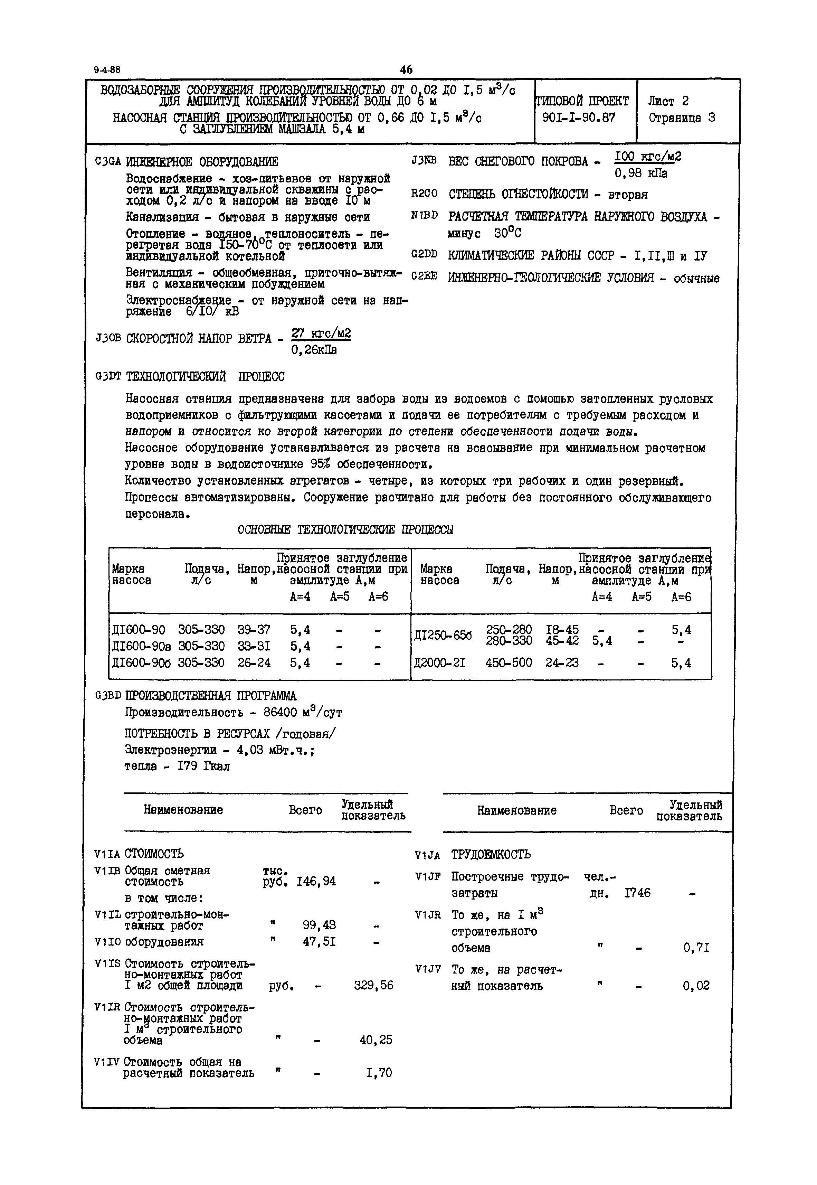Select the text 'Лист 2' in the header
668,101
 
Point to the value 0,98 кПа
641,173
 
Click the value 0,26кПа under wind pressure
314,350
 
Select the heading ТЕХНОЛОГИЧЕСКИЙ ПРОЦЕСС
205,377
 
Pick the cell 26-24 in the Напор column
254,663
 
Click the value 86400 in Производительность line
281,712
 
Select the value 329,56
373,985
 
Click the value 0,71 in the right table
696,948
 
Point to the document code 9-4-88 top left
107,70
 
